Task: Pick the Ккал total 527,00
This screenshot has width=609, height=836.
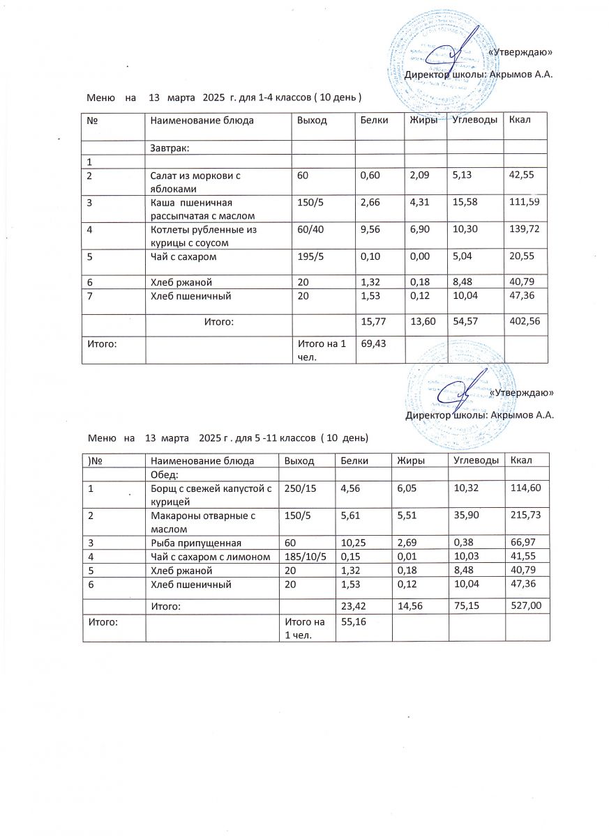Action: pos(527,607)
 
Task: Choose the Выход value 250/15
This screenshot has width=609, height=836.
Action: pos(298,488)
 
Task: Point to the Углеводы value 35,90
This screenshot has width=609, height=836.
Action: pos(467,516)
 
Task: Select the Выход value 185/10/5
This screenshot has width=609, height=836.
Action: pos(303,556)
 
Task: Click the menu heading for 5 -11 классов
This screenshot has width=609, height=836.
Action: pos(227,438)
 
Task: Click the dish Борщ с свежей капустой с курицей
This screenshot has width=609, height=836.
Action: pos(210,495)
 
